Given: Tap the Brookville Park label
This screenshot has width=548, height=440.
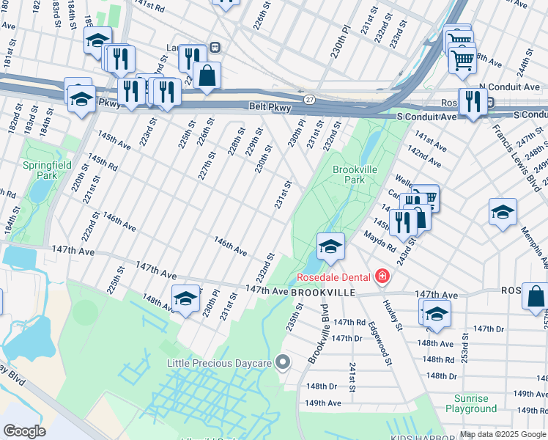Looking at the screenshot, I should [355, 175].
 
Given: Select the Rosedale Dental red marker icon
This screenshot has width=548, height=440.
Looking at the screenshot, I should [382, 276].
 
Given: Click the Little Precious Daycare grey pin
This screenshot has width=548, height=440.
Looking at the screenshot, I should [286, 363].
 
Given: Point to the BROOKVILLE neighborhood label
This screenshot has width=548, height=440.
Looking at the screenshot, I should [323, 292].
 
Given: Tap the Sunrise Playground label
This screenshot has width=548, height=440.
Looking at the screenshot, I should [470, 403].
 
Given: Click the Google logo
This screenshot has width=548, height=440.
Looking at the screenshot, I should [24, 431].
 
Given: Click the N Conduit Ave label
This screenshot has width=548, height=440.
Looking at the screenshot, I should [509, 87].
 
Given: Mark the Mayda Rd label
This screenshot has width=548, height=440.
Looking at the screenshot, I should [379, 240].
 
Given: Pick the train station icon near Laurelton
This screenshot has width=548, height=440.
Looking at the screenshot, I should [215, 46].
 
